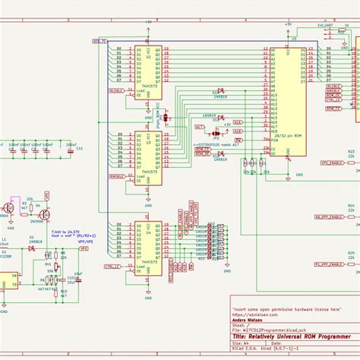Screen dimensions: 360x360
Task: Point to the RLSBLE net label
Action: pyautogui.click(x=118, y=89)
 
